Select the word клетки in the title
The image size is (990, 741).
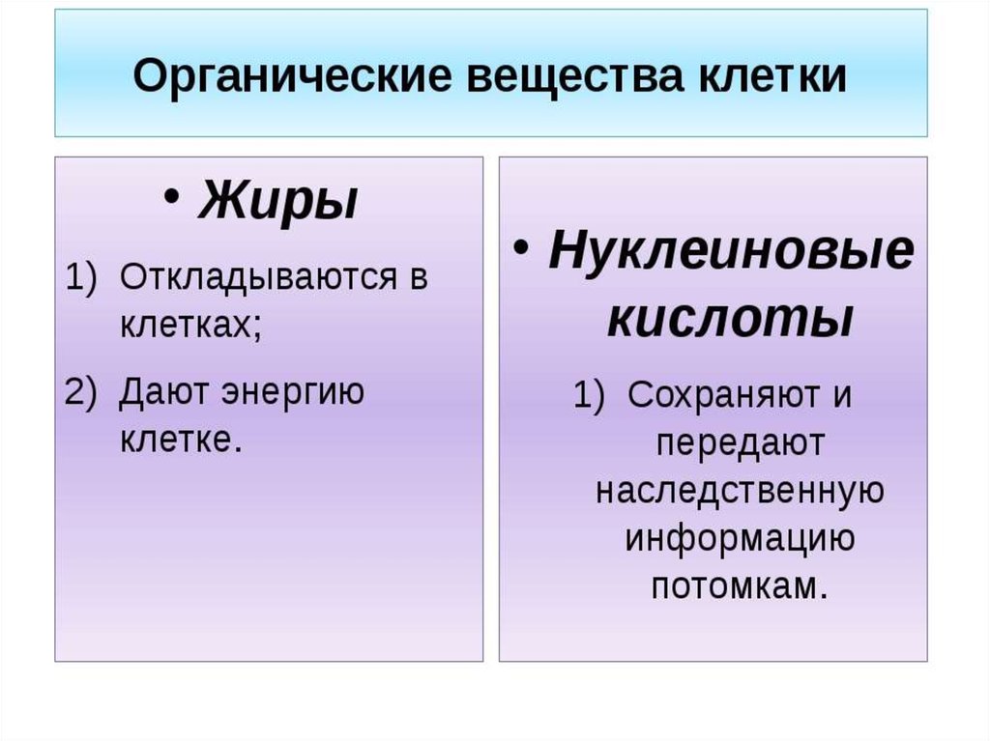(x=772, y=75)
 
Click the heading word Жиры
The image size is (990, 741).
(x=277, y=200)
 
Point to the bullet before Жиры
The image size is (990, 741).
(x=171, y=196)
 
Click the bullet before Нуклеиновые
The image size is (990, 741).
(x=521, y=247)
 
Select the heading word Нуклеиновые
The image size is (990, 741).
(x=731, y=250)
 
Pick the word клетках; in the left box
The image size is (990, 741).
(x=190, y=325)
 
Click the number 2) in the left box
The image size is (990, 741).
(x=81, y=391)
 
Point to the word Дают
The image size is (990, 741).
(x=163, y=392)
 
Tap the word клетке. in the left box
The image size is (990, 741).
(x=181, y=439)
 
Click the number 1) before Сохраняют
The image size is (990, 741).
(x=589, y=396)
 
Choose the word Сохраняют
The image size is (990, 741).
(x=725, y=396)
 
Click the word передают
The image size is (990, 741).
(x=740, y=444)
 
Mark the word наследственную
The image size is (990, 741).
(x=740, y=491)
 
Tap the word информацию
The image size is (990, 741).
(x=740, y=539)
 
